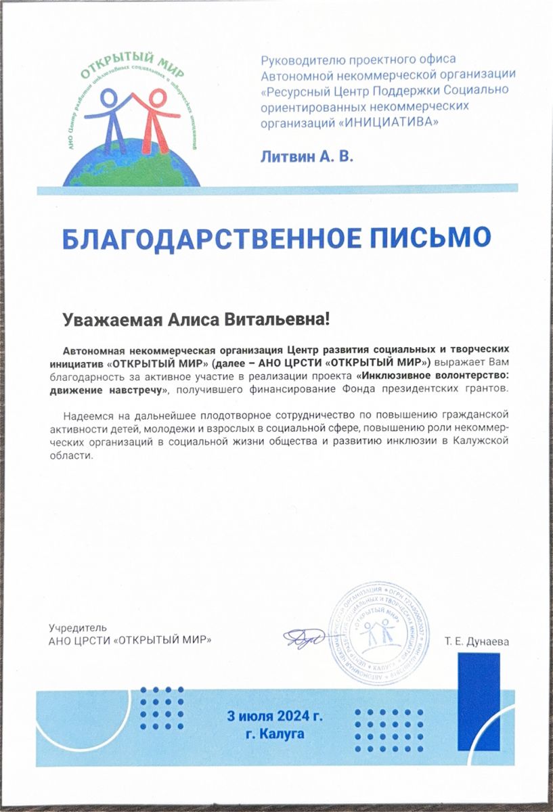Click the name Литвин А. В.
307,156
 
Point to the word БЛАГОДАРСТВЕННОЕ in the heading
204,237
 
